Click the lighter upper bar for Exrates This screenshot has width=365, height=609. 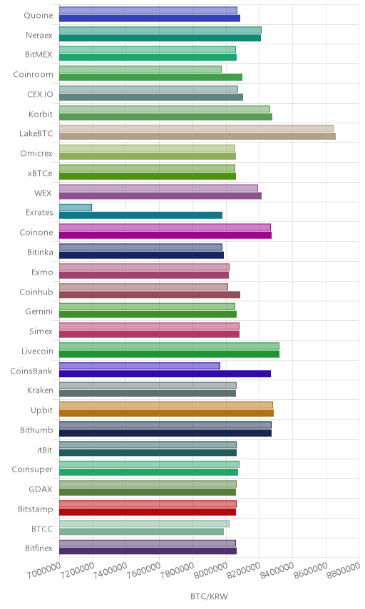(76, 208)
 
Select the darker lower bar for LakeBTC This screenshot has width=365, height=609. (197, 137)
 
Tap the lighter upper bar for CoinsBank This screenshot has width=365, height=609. (140, 366)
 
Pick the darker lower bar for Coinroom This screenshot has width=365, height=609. (150, 78)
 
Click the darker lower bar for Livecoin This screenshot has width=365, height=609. (169, 354)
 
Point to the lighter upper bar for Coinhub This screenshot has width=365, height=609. (143, 287)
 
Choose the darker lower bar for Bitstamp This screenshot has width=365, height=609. (148, 512)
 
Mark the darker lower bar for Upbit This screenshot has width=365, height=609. (167, 413)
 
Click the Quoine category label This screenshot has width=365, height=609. (38, 15)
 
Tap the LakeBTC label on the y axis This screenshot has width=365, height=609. (36, 134)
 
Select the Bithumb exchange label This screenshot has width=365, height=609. (36, 430)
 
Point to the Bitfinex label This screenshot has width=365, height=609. (38, 548)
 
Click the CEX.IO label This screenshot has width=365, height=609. (40, 95)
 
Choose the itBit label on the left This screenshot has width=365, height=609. (44, 450)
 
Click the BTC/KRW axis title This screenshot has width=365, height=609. (209, 597)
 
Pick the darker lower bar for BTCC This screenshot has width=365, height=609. (142, 531)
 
